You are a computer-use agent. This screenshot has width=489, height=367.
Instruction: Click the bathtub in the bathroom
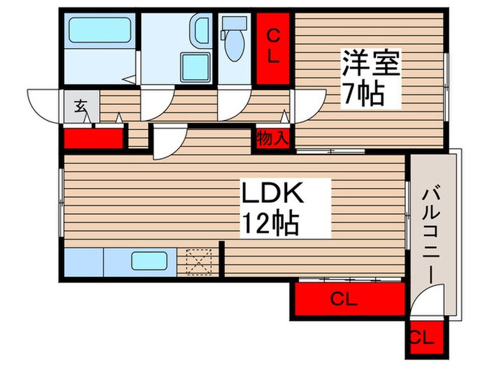click(98, 31)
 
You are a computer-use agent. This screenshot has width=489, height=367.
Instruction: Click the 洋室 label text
click(370, 65)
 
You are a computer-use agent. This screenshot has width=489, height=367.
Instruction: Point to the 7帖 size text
click(362, 93)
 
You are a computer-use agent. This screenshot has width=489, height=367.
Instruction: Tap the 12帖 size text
click(270, 224)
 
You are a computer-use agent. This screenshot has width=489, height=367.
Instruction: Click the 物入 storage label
click(272, 137)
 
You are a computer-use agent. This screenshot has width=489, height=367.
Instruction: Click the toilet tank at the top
click(233, 23)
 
